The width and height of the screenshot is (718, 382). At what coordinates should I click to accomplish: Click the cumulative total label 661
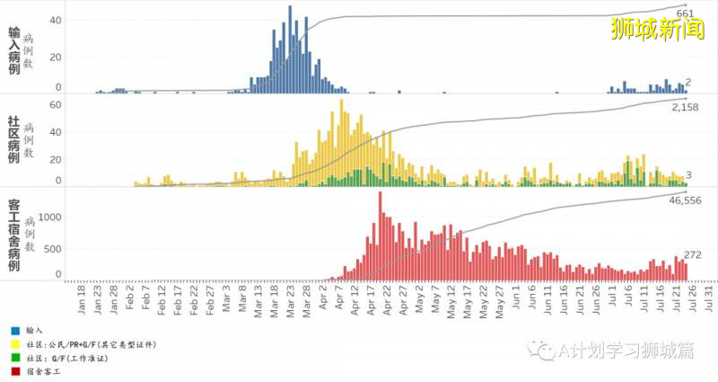click(685, 14)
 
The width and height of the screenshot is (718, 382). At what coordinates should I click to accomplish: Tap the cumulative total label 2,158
click(685, 107)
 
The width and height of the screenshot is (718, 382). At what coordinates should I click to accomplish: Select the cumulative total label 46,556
click(686, 200)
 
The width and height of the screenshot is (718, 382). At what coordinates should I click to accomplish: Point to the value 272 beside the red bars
click(693, 255)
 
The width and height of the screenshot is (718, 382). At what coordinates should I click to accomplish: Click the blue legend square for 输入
click(16, 331)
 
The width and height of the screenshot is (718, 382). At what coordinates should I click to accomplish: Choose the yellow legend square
click(16, 343)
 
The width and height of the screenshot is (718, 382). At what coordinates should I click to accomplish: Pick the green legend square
click(16, 357)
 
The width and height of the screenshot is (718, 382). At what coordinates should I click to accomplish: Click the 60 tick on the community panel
click(54, 105)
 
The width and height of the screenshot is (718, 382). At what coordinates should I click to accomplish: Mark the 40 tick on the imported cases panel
click(55, 20)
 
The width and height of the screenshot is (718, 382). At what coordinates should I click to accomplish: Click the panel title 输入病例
click(13, 49)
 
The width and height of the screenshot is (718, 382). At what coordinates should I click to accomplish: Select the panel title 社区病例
click(13, 138)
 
